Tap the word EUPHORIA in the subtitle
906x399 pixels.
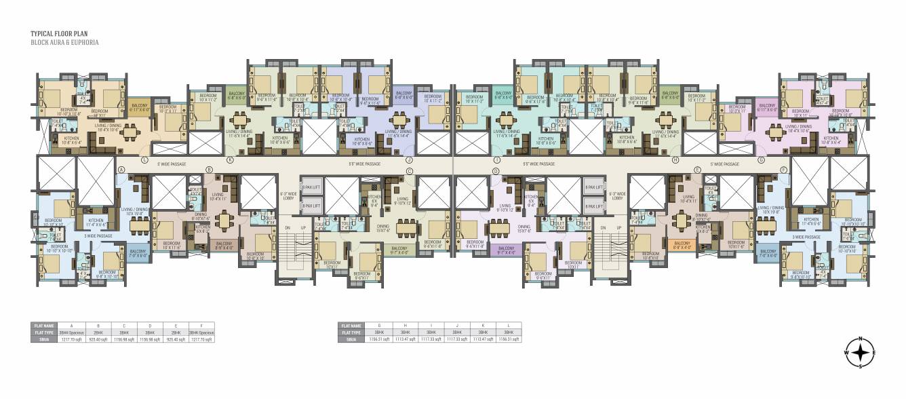[x=85, y=42]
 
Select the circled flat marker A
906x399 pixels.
[x=121, y=169]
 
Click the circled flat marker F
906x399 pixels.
[x=783, y=169]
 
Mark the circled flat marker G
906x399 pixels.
[x=762, y=160]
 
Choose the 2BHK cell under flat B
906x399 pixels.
[x=97, y=332]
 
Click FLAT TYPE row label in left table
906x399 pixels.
[x=44, y=332]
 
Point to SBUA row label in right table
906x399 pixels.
[x=351, y=339]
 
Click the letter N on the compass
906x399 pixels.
[x=861, y=339]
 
